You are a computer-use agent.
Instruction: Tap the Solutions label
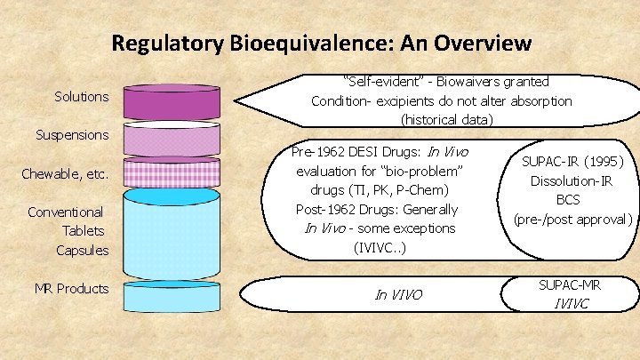pos(81,96)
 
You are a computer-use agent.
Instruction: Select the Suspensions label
pos(72,135)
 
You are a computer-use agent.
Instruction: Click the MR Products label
pos(71,288)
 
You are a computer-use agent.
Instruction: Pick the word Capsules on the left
pos(82,250)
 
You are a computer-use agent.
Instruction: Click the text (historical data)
pos(441,119)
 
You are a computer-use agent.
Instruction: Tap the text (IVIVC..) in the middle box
pos(380,246)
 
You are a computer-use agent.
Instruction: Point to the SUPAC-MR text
pos(572,285)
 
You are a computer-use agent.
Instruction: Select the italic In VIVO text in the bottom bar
pos(399,294)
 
